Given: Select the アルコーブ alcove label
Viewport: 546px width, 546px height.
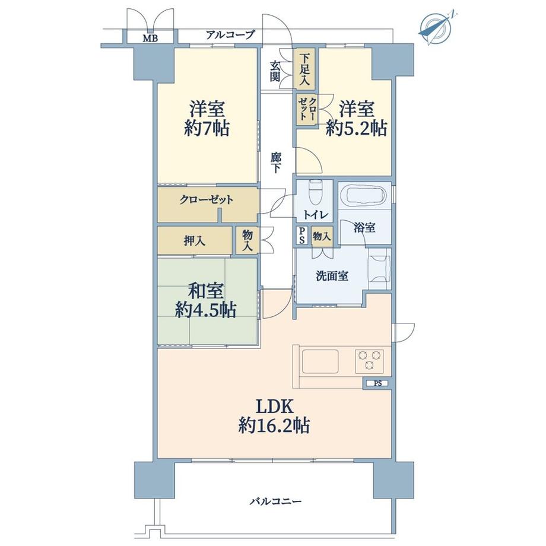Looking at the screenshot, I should point(230,35).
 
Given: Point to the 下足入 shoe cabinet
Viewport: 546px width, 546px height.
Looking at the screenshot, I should point(305,68).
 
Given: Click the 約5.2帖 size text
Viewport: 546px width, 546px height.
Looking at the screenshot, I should point(357,128).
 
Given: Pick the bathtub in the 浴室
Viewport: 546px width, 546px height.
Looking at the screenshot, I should point(363,196).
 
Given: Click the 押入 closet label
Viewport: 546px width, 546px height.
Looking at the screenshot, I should point(194,241).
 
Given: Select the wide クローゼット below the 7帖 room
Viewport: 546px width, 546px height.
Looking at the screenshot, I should point(207,200).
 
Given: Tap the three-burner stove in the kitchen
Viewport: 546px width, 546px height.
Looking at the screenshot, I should point(369,360).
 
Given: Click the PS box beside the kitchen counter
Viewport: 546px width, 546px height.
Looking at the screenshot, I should point(377,383).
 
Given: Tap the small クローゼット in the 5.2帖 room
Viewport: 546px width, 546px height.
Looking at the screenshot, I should point(307,109).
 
